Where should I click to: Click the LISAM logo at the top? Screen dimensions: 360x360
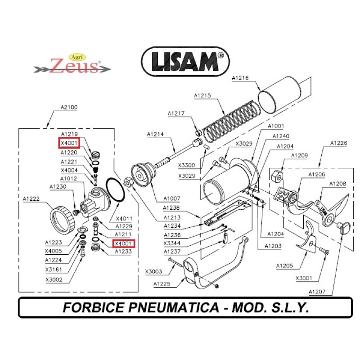185,62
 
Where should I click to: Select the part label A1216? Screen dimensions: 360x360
240,78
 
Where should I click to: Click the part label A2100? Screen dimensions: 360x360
69,108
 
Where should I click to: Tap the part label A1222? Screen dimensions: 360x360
32,198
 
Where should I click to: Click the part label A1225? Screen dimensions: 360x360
162,284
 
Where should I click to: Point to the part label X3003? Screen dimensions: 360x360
153,271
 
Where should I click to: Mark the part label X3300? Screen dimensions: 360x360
186,165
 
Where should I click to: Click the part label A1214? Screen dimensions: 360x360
155,134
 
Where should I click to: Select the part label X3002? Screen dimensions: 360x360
54,280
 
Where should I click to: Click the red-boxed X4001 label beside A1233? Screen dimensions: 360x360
123,244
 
